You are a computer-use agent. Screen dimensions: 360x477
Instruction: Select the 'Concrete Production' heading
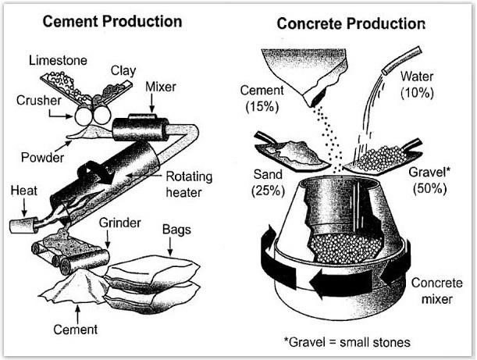point(351,23)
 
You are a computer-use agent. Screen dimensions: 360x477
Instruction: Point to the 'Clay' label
point(123,70)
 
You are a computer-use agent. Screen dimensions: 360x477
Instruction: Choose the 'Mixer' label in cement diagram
point(161,87)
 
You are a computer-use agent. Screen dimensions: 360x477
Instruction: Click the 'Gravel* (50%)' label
point(427,180)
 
